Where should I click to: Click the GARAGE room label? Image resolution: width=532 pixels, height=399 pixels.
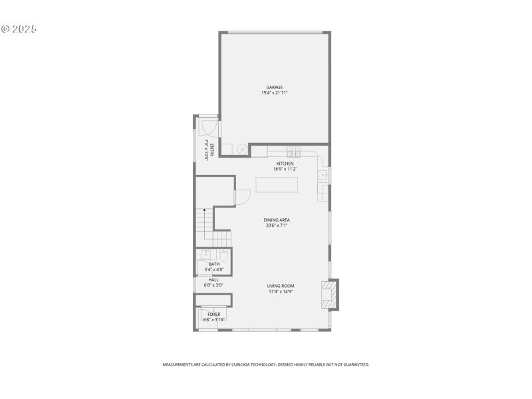click(x=275, y=87)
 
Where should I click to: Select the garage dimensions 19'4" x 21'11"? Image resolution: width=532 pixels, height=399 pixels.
click(x=275, y=93)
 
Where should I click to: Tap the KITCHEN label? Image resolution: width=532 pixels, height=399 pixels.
click(x=285, y=164)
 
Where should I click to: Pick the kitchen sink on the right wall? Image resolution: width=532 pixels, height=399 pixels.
click(x=323, y=176)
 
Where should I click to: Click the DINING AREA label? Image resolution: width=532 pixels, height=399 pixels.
click(x=275, y=220)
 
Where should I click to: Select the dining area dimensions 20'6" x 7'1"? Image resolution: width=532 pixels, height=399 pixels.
click(x=275, y=225)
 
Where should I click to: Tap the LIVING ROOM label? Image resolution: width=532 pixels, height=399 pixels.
click(x=281, y=286)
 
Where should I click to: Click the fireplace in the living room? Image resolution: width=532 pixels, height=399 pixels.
click(x=329, y=294)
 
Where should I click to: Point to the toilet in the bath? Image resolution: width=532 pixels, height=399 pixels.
click(x=223, y=256)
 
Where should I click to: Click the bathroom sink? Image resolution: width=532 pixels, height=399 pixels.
click(x=206, y=255)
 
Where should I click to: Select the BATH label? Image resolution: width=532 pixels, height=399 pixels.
click(x=214, y=264)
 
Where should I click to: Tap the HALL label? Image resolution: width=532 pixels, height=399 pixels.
click(x=213, y=280)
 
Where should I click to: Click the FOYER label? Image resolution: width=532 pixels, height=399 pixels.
click(x=214, y=314)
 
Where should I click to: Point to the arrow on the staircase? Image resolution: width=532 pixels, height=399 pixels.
click(x=204, y=210)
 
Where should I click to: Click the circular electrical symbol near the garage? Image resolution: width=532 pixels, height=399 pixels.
click(x=243, y=149)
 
